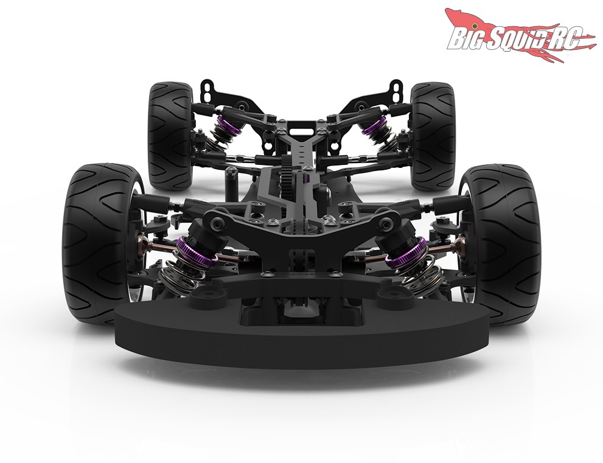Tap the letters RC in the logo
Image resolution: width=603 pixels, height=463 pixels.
click(x=568, y=38)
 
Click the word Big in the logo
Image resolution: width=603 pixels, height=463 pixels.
click(x=465, y=38)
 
